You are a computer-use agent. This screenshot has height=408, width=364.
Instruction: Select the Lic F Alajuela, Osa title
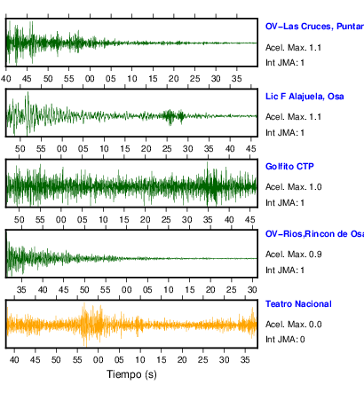(x=305, y=97)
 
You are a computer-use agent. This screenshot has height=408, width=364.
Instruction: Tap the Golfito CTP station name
(x=289, y=167)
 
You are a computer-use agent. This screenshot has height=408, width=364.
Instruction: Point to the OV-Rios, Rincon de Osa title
(x=314, y=234)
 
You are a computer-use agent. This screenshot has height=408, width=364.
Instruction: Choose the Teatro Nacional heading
(x=298, y=304)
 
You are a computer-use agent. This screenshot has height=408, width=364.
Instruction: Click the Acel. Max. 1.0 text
(x=293, y=187)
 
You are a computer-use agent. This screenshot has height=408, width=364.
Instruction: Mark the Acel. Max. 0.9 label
(x=293, y=255)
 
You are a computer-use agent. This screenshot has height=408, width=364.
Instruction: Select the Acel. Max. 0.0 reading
(x=293, y=325)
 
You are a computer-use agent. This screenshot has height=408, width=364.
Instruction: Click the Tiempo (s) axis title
(x=131, y=374)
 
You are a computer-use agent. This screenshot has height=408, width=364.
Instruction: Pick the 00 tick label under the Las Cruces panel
(x=90, y=79)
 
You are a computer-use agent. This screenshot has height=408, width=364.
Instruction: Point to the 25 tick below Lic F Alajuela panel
(x=167, y=148)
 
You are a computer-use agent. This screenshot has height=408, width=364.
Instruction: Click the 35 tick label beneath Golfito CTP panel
(x=208, y=220)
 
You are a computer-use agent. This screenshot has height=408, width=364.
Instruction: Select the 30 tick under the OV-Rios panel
(x=252, y=289)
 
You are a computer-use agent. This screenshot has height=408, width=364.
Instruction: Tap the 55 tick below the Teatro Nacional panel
(x=77, y=359)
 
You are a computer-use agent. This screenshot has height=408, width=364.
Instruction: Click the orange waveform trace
(x=131, y=325)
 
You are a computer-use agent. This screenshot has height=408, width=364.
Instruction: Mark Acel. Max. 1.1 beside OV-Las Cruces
(x=293, y=48)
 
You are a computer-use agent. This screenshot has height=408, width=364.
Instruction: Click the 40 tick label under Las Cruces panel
(x=5, y=79)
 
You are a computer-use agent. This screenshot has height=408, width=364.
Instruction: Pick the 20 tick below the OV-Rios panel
(x=210, y=289)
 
